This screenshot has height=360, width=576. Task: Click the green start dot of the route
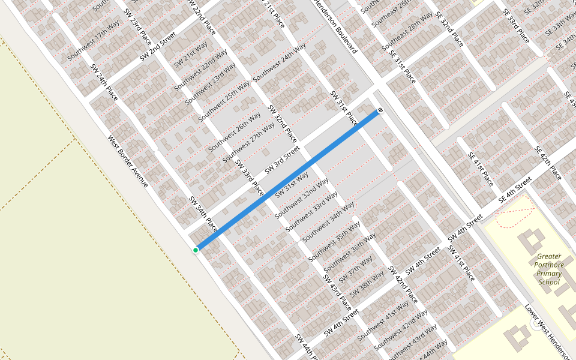coord(196,250)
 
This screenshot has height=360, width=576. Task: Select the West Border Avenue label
coord(127,160)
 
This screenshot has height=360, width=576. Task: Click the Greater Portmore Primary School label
coord(550,269)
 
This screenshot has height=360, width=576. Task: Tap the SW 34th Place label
coord(203,214)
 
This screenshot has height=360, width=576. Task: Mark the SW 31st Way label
coord(291,185)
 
